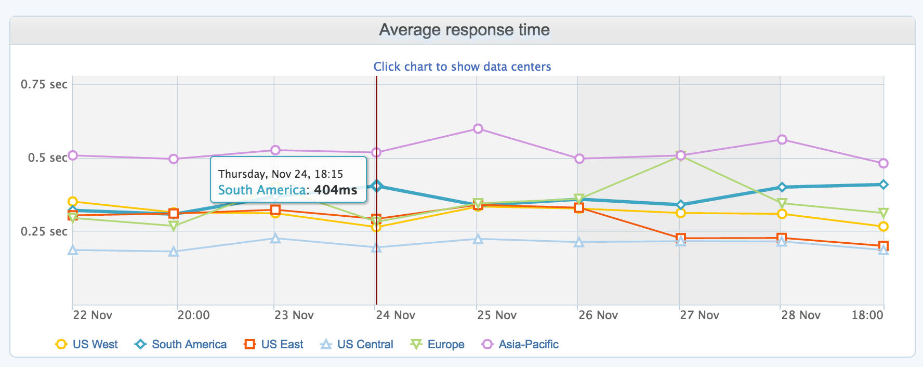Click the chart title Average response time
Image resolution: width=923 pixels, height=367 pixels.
pyautogui.click(x=464, y=30)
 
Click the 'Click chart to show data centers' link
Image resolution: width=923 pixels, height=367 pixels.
pyautogui.click(x=462, y=67)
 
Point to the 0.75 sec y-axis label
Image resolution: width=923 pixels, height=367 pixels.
pyautogui.click(x=44, y=84)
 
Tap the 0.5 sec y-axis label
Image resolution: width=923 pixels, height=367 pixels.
pyautogui.click(x=48, y=158)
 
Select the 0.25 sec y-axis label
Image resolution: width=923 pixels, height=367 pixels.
pyautogui.click(x=44, y=231)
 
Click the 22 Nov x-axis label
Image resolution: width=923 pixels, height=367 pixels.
pyautogui.click(x=93, y=315)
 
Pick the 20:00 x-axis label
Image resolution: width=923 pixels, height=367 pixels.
pyautogui.click(x=193, y=315)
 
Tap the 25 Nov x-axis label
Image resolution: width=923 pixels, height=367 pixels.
pyautogui.click(x=497, y=315)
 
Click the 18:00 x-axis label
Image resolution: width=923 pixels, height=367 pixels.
pyautogui.click(x=867, y=315)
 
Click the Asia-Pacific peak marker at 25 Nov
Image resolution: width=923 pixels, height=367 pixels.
pyautogui.click(x=478, y=128)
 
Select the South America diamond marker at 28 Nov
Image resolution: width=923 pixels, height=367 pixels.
pyautogui.click(x=782, y=187)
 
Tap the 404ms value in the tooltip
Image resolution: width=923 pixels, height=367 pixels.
pyautogui.click(x=335, y=190)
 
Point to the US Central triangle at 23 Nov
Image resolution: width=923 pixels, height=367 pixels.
pyautogui.click(x=276, y=239)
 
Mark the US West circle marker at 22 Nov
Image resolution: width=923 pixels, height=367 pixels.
pyautogui.click(x=73, y=202)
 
